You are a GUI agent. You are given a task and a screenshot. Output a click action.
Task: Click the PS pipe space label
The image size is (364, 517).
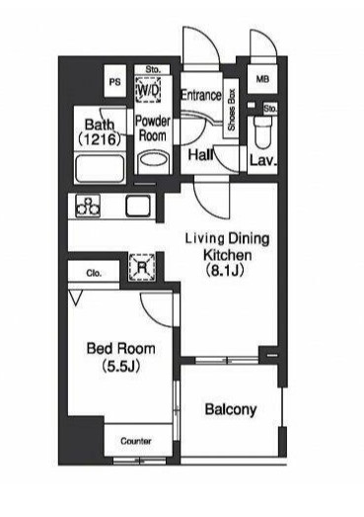114,82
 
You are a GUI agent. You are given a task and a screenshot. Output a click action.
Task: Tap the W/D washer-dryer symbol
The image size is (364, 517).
148,89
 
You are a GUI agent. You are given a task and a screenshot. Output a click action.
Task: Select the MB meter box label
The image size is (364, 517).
262,79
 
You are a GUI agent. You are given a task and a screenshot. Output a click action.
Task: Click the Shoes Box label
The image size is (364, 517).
232,110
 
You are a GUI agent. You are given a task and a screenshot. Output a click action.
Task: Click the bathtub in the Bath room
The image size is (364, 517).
100,167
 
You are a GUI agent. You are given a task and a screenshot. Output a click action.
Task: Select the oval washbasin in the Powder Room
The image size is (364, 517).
153,160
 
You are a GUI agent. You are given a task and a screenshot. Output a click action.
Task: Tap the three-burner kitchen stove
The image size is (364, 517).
88,206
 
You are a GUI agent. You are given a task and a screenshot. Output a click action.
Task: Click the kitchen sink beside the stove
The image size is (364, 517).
138,206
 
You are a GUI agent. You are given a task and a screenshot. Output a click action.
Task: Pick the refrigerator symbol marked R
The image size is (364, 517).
142,268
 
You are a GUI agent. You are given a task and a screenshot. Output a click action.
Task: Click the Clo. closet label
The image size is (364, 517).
94,274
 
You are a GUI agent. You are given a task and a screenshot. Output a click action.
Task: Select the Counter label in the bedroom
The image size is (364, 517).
136,441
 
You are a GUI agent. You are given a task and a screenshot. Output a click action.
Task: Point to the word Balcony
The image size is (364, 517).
231,410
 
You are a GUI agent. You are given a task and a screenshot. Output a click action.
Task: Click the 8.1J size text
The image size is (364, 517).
225,271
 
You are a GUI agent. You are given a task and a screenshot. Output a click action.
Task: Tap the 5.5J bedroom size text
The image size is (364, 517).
120,366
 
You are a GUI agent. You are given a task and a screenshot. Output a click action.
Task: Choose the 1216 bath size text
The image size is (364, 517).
100,139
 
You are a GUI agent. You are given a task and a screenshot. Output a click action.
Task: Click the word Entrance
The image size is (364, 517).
201,95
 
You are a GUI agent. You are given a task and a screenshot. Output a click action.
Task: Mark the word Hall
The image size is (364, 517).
200,154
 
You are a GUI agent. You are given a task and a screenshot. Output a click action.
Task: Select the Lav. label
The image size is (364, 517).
262,160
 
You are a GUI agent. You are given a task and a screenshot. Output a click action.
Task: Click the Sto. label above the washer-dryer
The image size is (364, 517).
153,70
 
